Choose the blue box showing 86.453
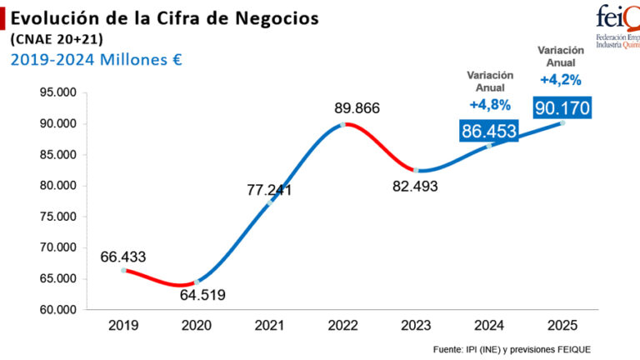coord(488,131)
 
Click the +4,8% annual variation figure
coord(489,105)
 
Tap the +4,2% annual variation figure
coord(560,80)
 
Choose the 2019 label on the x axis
coord(123,324)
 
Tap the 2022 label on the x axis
coord(342,324)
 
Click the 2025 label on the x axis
coord(562,324)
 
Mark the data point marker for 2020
coord(197,282)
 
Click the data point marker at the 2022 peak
coord(342,125)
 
